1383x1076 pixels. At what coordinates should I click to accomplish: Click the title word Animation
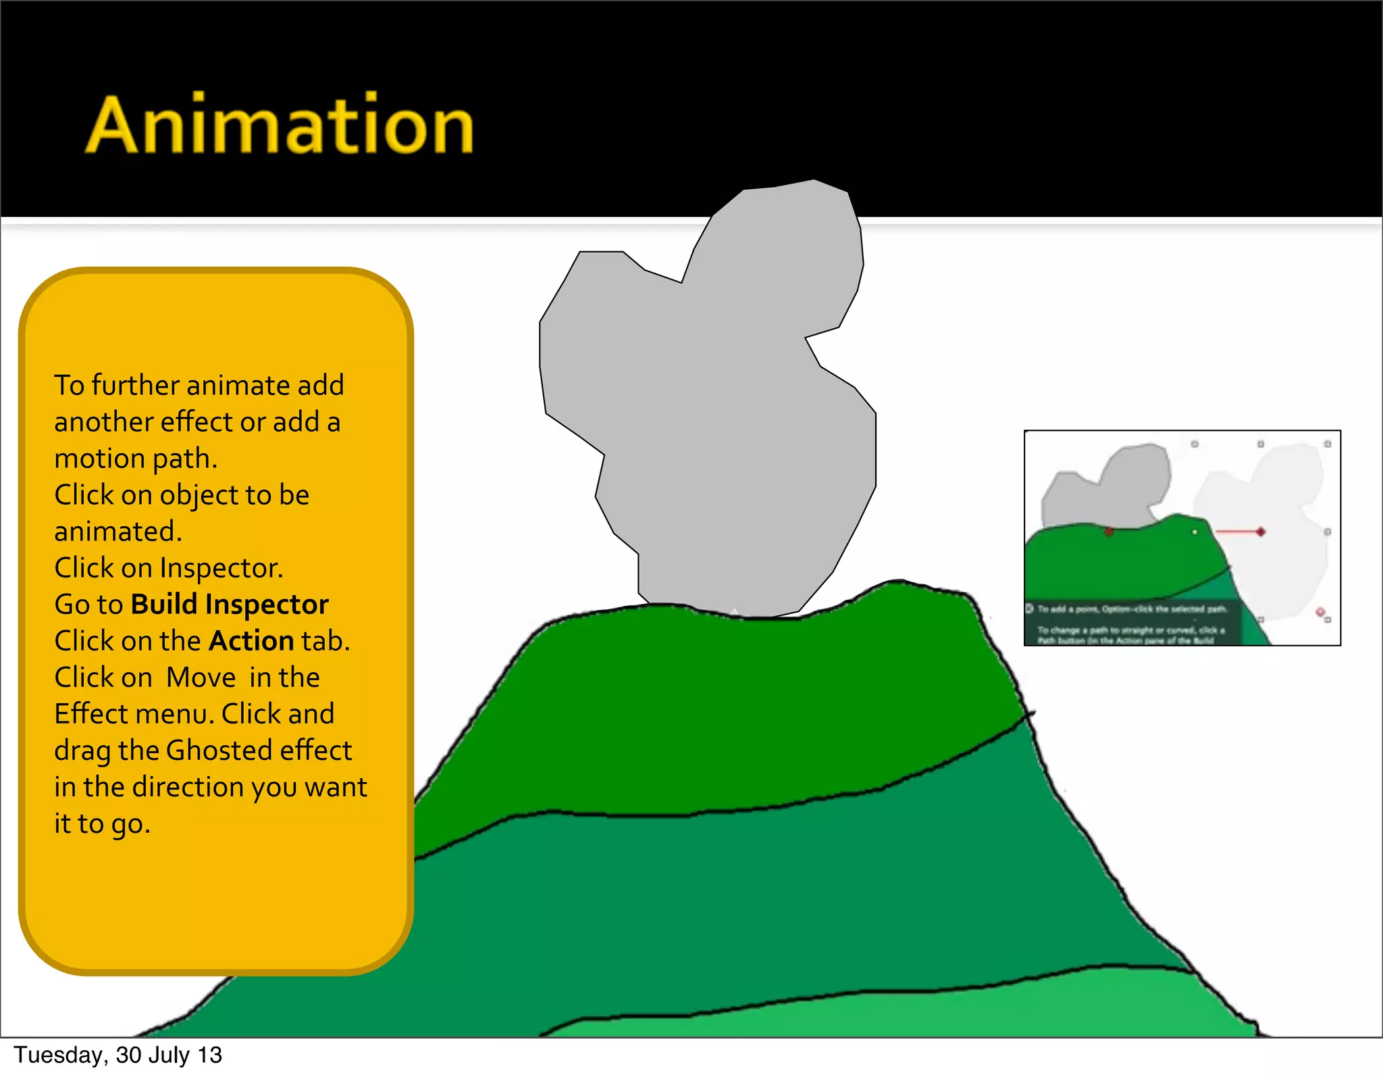(x=279, y=126)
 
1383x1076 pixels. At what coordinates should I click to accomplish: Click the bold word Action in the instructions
(x=251, y=641)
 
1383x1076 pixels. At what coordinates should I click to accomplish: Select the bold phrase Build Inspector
(x=230, y=605)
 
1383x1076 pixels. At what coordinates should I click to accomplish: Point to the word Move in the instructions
(x=201, y=677)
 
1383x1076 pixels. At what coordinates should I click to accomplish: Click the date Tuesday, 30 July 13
(x=118, y=1055)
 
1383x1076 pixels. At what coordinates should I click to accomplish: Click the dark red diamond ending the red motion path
(x=1260, y=532)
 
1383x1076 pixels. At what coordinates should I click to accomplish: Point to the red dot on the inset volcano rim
(x=1109, y=532)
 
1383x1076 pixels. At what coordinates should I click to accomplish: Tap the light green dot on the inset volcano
(x=1195, y=532)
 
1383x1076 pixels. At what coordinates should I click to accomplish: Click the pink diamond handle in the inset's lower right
(x=1320, y=612)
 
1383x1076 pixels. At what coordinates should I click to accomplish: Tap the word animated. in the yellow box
(x=118, y=532)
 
